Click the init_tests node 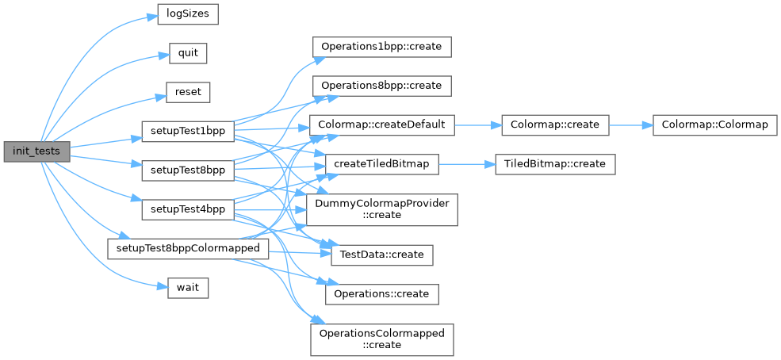click(36, 150)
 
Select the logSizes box click(187, 14)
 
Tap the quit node click(188, 54)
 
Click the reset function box click(188, 92)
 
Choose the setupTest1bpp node click(186, 131)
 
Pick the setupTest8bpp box click(186, 170)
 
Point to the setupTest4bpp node click(186, 209)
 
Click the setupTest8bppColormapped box click(188, 248)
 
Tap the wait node click(188, 287)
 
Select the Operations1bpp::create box click(382, 46)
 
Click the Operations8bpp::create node click(382, 85)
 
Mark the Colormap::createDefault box click(382, 124)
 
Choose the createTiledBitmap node click(382, 163)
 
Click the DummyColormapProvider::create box click(382, 209)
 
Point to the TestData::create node click(382, 255)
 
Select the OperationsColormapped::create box click(382, 339)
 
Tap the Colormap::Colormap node click(714, 124)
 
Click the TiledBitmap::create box click(555, 163)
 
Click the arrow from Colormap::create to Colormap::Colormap click(630, 124)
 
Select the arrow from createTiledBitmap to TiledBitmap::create click(467, 163)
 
